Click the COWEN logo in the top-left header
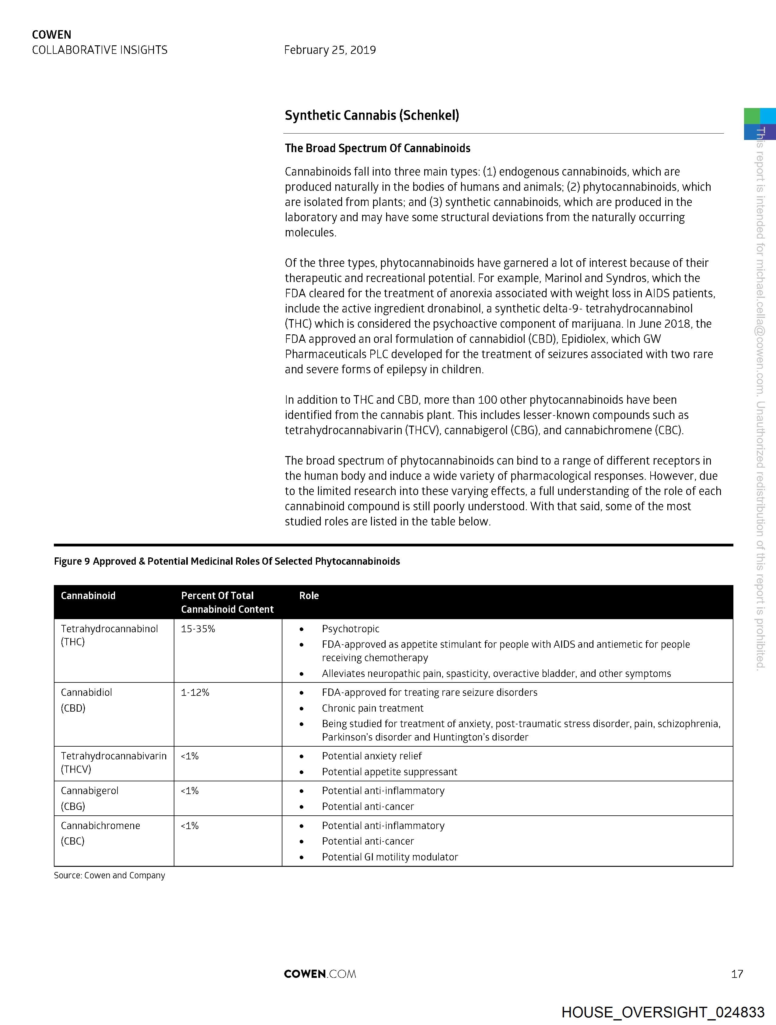tap(51, 35)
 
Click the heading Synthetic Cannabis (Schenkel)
tap(372, 115)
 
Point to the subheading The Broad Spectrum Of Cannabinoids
tap(377, 148)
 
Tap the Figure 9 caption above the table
tap(227, 561)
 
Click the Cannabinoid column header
tap(88, 595)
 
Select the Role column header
tap(309, 595)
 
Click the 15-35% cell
tap(198, 629)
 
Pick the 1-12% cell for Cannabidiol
tap(195, 692)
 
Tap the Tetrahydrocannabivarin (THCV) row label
tap(114, 762)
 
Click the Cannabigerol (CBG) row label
tap(89, 798)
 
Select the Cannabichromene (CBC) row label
tap(100, 833)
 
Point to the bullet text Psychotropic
tap(351, 629)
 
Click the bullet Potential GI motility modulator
tap(390, 857)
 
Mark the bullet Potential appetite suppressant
tap(390, 772)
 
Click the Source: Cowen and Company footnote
tap(109, 875)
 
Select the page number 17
tap(737, 974)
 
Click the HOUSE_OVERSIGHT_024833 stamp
tap(663, 1012)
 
